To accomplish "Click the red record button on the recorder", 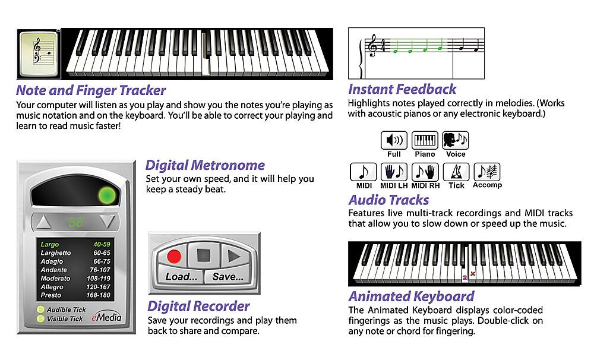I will click(x=174, y=256).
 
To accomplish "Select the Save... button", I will click(x=228, y=277).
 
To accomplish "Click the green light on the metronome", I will click(x=107, y=195).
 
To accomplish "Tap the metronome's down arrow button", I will click(x=107, y=223).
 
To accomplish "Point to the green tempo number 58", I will click(x=75, y=223).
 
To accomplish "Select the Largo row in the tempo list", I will click(x=75, y=244).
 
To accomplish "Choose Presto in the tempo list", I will click(x=75, y=295).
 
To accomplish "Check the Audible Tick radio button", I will click(x=40, y=310).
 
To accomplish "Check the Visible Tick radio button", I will click(x=40, y=318).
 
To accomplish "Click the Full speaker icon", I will click(x=394, y=141).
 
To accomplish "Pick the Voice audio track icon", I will click(x=456, y=141).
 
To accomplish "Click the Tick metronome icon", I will click(x=456, y=172).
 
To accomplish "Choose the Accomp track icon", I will click(x=487, y=172).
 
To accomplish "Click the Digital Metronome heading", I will click(x=205, y=165).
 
